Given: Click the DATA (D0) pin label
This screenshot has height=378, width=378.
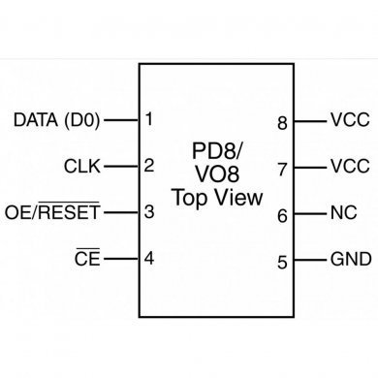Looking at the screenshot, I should [56, 121].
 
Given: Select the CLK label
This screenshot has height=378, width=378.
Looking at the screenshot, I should [83, 166].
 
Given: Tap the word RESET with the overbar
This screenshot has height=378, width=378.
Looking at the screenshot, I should [71, 211].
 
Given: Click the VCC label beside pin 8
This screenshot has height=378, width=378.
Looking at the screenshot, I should [350, 122].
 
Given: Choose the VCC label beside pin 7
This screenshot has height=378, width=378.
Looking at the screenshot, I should [350, 167].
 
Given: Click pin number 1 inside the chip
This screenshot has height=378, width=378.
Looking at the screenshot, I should [148, 120].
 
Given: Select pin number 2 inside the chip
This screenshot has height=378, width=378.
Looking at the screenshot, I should [148, 166].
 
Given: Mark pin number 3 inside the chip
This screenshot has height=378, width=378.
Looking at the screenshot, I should [148, 211].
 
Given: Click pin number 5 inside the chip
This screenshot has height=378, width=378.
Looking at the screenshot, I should [282, 262].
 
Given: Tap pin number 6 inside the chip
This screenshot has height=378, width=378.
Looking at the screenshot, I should [282, 216].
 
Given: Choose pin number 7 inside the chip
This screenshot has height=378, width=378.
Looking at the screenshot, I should [282, 169].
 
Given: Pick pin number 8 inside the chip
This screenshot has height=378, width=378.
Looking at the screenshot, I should [282, 123].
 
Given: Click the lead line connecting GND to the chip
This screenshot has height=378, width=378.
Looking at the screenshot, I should [308, 260].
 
